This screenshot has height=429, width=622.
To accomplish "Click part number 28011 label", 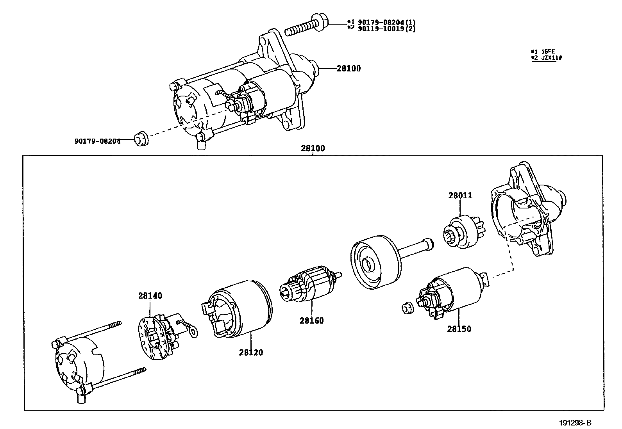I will point(460,196).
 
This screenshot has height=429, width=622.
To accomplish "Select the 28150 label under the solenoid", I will point(459,329).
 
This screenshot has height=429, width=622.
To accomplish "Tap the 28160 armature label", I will point(311,321).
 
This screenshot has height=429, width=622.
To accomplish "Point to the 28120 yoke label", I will point(251,352).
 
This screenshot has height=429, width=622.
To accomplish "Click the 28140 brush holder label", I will point(150,295).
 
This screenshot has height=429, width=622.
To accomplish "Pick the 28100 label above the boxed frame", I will point(313,148).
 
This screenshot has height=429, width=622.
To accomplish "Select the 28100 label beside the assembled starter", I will point(349,69).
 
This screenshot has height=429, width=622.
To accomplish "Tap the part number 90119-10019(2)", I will point(386,29).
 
